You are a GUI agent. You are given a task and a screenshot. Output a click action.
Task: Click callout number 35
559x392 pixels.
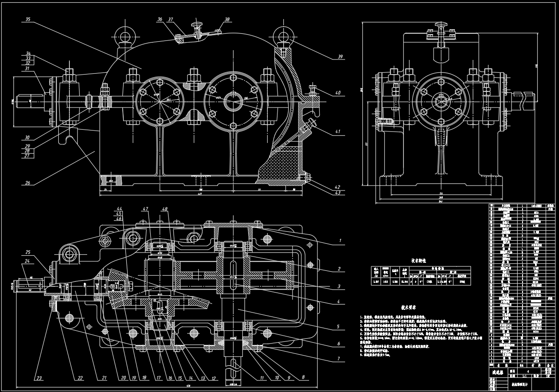coord(28,20)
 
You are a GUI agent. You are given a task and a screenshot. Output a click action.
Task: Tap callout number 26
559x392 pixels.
coord(28,183)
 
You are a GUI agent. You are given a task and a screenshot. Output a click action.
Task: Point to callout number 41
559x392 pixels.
coord(338,131)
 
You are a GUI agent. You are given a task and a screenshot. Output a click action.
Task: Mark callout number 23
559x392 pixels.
coord(40,378)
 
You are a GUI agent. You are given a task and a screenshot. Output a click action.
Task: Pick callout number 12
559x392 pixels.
coord(213,378)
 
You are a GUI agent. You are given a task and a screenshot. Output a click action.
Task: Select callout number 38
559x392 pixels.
coord(227,20)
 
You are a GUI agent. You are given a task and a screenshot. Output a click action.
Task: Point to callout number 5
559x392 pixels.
coord(338,327)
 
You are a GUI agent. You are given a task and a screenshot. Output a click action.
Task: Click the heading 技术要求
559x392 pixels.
coord(409,307)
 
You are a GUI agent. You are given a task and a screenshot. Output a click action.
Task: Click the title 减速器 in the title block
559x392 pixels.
coord(498,372)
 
